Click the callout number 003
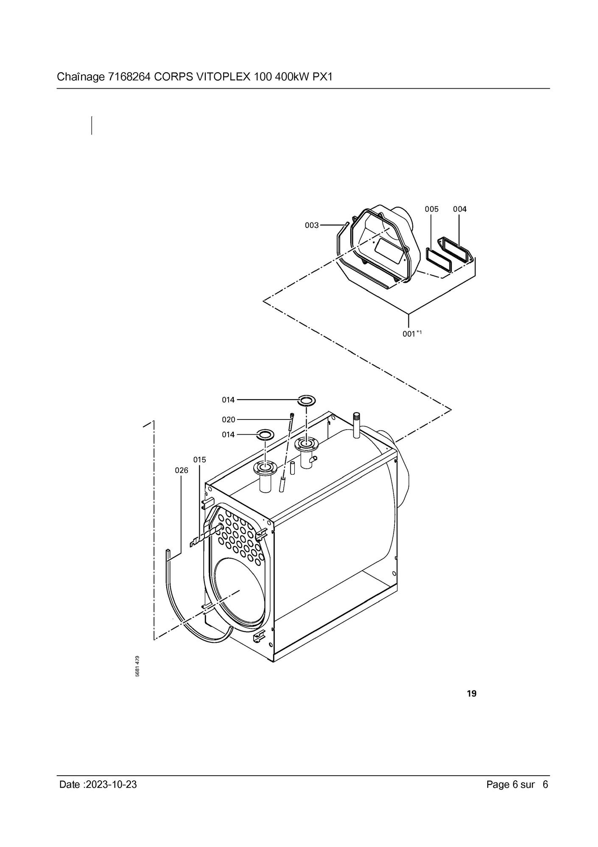pyautogui.click(x=312, y=225)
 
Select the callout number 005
pyautogui.click(x=432, y=209)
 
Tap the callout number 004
pyautogui.click(x=460, y=209)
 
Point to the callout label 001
pyautogui.click(x=409, y=334)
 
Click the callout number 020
pyautogui.click(x=229, y=420)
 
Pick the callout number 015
pyautogui.click(x=200, y=460)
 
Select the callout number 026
pyautogui.click(x=182, y=470)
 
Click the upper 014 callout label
pyautogui.click(x=228, y=400)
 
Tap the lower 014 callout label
pyautogui.click(x=228, y=435)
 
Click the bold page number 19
pyautogui.click(x=472, y=694)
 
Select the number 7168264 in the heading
pyautogui.click(x=129, y=77)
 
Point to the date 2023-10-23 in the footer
pyautogui.click(x=111, y=796)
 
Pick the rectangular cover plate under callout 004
pyautogui.click(x=455, y=250)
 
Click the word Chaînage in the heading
pyautogui.click(x=80, y=77)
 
